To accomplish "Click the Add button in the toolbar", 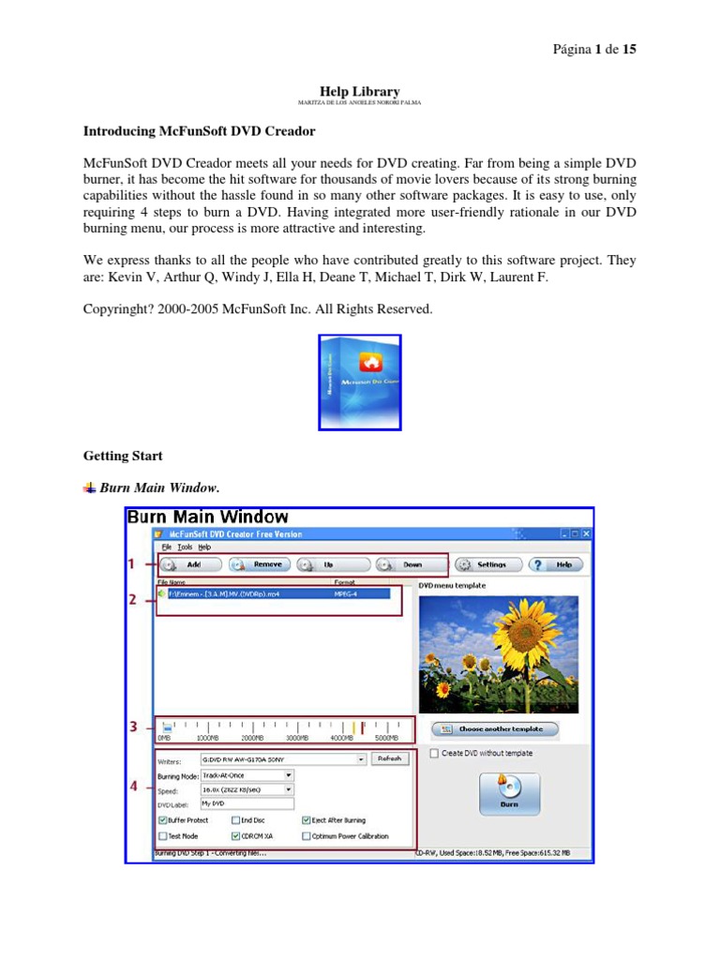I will click(190, 564).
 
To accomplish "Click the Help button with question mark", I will click(556, 564).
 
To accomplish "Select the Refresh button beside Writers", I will click(389, 759).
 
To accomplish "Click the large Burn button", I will click(508, 796).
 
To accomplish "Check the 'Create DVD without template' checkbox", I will click(433, 753).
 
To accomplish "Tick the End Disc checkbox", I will click(234, 820).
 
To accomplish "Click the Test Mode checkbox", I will click(163, 835).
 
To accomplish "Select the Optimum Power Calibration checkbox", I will click(307, 835).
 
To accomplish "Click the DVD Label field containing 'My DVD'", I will click(246, 803).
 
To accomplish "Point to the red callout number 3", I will click(133, 727).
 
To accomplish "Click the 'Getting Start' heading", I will click(123, 456).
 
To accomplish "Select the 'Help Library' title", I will click(360, 91).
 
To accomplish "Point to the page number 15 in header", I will click(628, 49).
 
